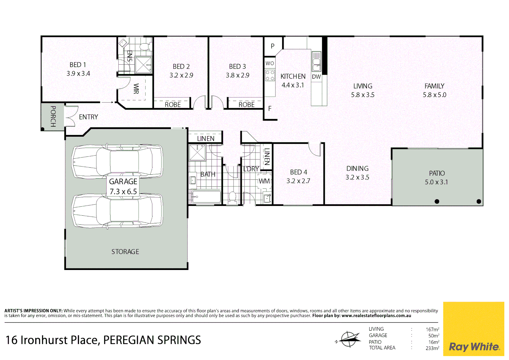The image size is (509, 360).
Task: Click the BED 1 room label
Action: (78, 65)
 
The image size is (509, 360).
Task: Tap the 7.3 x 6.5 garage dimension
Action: (123, 192)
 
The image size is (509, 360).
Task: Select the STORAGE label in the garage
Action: (125, 252)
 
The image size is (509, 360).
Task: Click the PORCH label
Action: (53, 116)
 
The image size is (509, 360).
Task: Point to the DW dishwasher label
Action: (316, 77)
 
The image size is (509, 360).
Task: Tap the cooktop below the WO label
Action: (270, 75)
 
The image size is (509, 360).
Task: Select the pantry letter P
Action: (272, 46)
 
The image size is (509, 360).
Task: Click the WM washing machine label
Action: (264, 181)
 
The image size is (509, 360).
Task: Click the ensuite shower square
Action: (144, 65)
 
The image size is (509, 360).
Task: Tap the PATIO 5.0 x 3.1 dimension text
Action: (436, 182)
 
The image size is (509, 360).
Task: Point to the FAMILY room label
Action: (434, 86)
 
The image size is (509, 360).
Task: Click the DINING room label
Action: (357, 169)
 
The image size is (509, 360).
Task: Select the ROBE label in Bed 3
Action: (247, 105)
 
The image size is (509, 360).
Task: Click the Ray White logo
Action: (474, 347)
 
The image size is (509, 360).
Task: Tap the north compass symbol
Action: (348, 340)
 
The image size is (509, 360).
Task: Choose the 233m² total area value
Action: (432, 348)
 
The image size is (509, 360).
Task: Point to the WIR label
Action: (136, 89)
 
